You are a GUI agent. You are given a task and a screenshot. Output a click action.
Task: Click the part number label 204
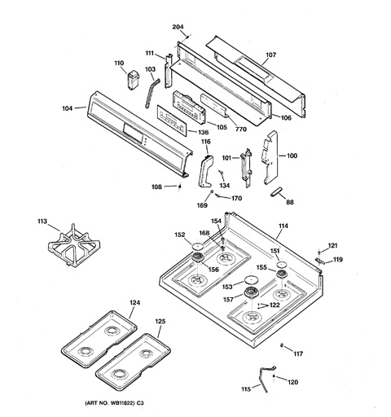click(178, 27)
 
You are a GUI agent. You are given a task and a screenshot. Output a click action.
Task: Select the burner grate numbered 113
click(73, 246)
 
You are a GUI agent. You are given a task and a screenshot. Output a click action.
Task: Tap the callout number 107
click(270, 55)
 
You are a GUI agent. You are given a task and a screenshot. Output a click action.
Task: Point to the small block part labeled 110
click(134, 79)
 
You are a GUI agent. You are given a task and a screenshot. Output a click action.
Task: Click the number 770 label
click(241, 129)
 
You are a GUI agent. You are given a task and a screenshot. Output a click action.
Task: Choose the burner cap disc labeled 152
click(198, 247)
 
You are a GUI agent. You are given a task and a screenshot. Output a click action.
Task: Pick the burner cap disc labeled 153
click(251, 279)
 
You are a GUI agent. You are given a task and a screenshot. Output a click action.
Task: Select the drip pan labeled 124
click(99, 339)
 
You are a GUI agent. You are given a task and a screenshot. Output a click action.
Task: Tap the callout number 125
click(160, 321)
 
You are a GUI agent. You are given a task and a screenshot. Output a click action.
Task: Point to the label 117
click(298, 353)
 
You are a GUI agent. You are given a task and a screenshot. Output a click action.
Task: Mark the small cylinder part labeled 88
click(277, 191)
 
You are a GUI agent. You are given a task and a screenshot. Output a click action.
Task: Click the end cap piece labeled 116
click(205, 171)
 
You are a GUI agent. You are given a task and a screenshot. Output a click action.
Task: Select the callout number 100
click(292, 156)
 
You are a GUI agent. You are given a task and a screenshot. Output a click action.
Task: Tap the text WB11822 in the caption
click(122, 403)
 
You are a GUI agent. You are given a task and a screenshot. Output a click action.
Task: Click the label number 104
click(68, 108)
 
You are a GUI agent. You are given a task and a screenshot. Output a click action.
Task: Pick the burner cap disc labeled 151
click(282, 265)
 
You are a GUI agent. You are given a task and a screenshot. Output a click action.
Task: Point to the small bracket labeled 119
click(320, 261)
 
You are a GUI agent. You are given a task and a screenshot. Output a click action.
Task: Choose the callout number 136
click(203, 132)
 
